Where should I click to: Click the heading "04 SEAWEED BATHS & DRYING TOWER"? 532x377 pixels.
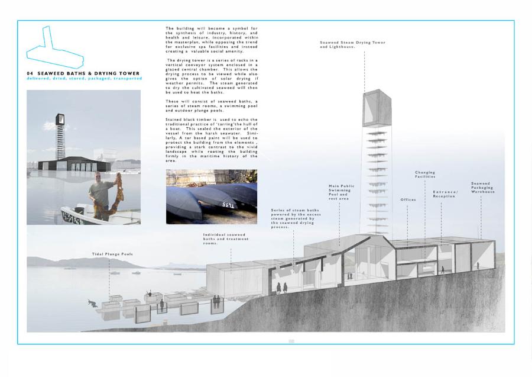[83, 73]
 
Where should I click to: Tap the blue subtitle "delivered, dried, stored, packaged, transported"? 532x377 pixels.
[84, 79]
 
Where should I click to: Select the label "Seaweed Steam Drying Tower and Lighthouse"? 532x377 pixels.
[352, 44]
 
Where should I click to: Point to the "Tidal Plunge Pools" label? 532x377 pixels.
[112, 254]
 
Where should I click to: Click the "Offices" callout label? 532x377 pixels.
[408, 200]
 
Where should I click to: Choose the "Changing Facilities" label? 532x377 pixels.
[425, 175]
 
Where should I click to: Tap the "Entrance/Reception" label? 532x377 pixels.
[445, 194]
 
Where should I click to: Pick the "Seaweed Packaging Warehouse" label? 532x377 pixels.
[483, 188]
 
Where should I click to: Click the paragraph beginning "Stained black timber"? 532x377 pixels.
[211, 140]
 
